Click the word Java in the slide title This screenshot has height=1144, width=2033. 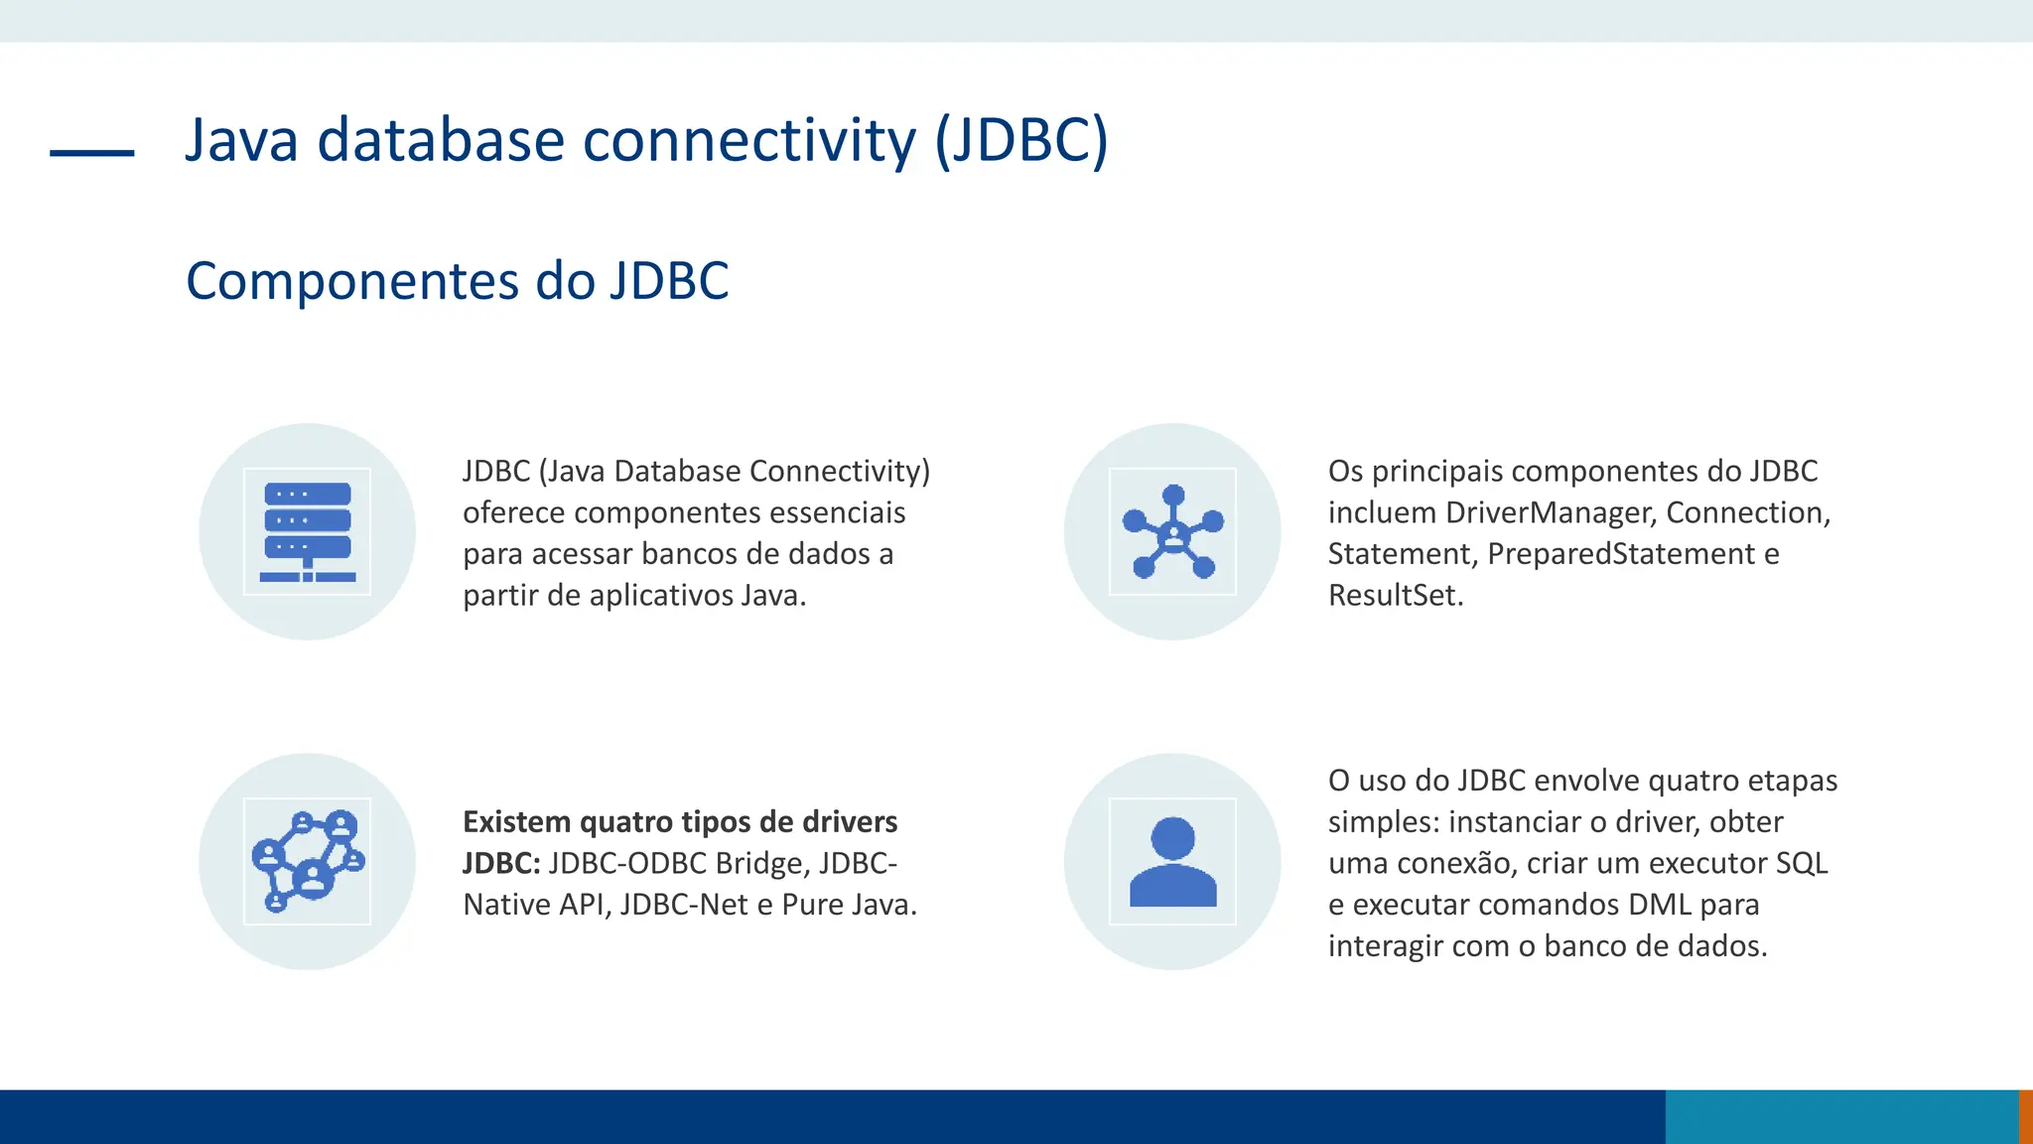coord(241,140)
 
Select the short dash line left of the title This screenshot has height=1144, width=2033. coord(91,153)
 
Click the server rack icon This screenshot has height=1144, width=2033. coord(307,532)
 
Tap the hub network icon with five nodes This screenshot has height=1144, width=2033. coord(1172,532)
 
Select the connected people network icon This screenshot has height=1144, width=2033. coord(307,861)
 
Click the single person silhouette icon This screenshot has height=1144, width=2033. coord(1172,861)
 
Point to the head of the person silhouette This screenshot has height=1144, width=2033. coord(1172,838)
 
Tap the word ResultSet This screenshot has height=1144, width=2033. coord(1394,596)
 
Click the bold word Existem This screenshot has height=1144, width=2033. coord(516,822)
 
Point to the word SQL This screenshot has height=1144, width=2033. coord(1801,864)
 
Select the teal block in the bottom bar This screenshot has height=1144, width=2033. coord(1841,1116)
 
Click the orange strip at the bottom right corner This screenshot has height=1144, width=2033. coord(2026,1116)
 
